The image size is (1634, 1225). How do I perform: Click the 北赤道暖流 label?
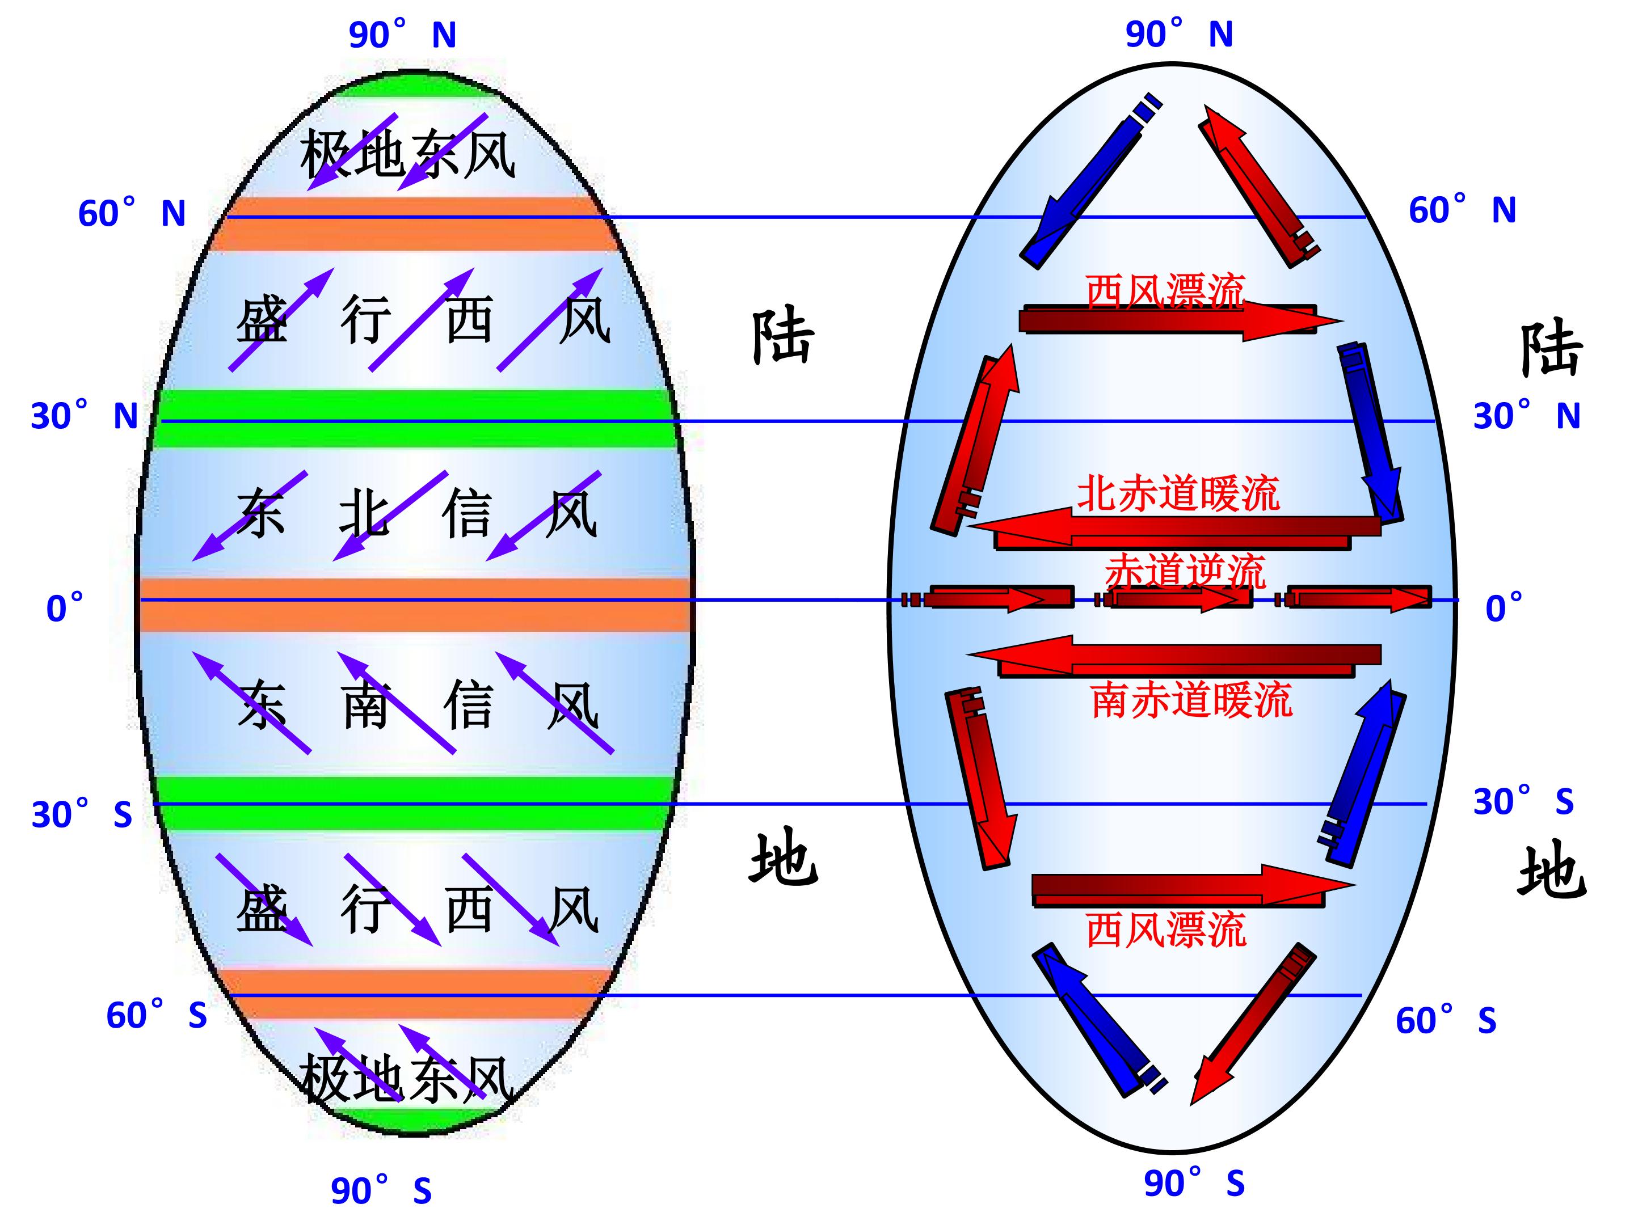pos(1178,493)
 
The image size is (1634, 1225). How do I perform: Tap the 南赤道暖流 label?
pos(1192,700)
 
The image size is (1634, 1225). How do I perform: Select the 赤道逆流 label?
pos(1185,571)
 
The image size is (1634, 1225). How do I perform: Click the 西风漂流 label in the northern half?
pos(1165,290)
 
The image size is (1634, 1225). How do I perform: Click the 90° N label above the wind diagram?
pos(403,35)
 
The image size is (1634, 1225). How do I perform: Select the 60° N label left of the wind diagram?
pos(132,213)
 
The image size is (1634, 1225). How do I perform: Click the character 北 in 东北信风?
pos(364,514)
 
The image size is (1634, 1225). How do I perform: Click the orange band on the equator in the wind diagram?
pos(415,604)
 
